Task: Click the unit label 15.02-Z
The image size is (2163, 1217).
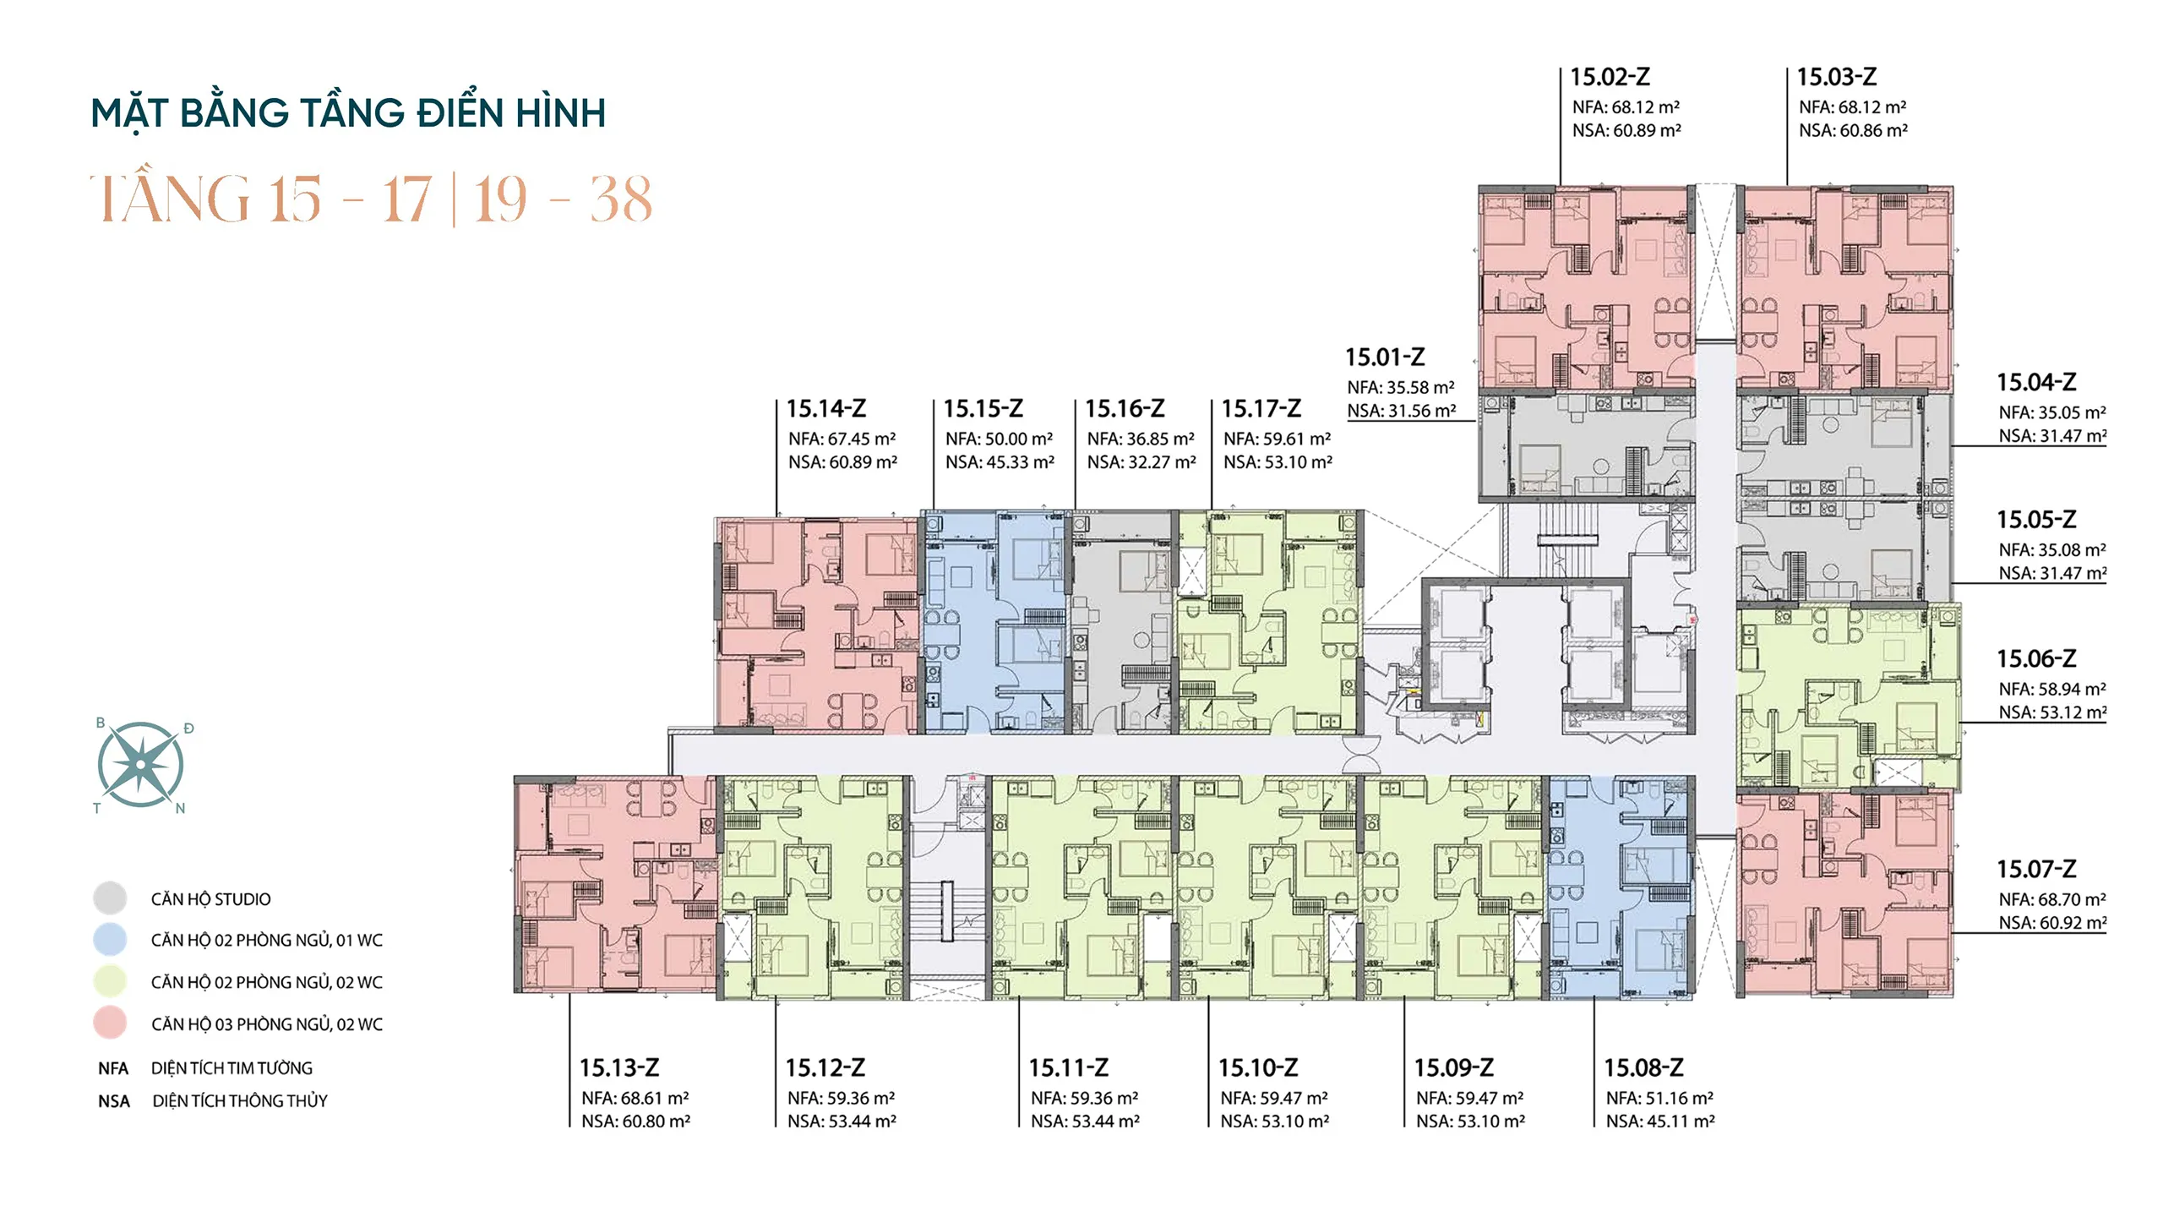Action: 1610,77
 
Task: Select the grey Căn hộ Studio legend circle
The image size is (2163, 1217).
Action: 110,898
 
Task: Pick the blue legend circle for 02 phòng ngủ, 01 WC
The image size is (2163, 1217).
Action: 110,940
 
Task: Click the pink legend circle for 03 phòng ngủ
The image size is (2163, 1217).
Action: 110,1023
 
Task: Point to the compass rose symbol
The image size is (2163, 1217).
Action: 140,765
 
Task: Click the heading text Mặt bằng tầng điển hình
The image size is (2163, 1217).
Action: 348,113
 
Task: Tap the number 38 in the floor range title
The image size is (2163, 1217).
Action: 621,200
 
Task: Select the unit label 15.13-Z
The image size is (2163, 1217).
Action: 619,1067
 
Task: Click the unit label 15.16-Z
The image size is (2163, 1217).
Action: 1125,409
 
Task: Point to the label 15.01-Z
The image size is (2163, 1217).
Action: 1385,357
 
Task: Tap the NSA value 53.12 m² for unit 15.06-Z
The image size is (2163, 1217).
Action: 2070,712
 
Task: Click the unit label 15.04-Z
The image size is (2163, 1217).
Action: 2036,383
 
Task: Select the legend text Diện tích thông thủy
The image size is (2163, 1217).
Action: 240,1100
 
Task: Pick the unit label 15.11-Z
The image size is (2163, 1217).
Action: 1068,1067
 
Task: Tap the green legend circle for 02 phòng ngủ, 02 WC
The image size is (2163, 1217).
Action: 110,981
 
